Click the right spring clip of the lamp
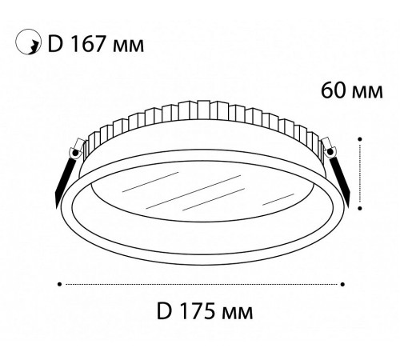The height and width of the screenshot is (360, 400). click(x=342, y=171)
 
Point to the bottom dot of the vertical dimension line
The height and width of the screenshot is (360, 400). click(x=362, y=204)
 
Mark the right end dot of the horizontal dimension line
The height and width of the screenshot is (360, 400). click(x=342, y=282)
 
